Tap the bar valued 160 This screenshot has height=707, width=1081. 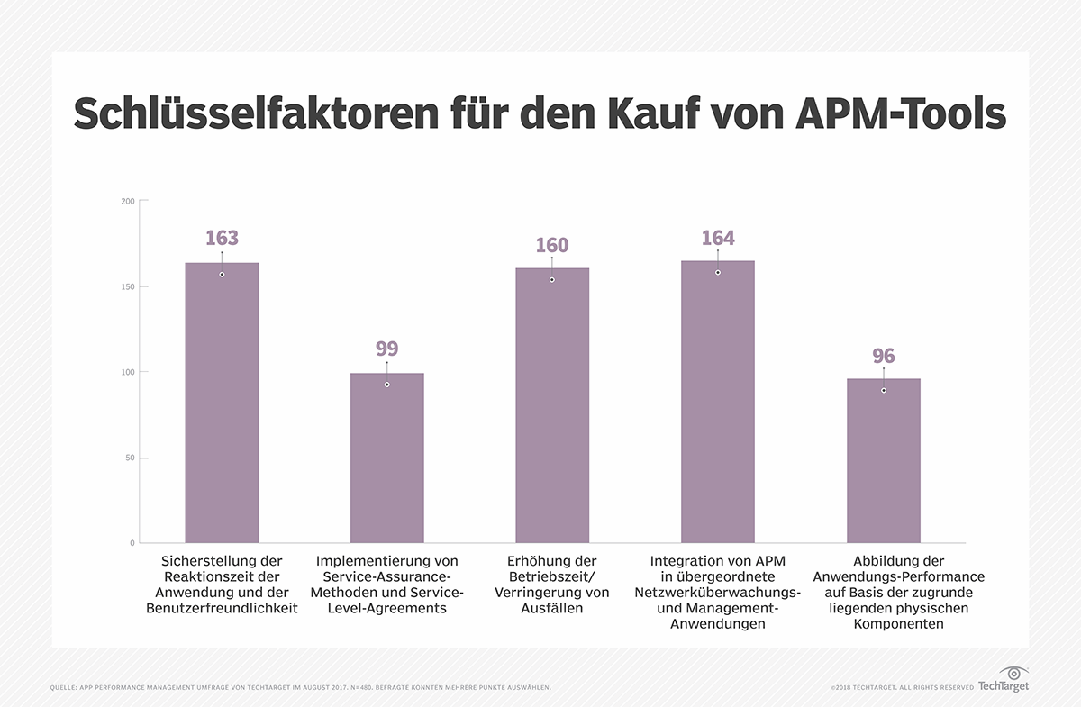[x=552, y=405]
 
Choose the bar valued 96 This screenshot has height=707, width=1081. [x=883, y=460]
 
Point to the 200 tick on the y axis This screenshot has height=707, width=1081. [x=128, y=201]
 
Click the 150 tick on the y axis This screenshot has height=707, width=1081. [x=128, y=286]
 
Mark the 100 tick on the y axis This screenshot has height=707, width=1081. [x=128, y=372]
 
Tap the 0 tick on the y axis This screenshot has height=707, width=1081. [x=132, y=543]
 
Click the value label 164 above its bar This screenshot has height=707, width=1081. [x=718, y=239]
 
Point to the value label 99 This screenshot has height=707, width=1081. [x=387, y=349]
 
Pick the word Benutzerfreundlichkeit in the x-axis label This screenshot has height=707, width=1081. [x=222, y=609]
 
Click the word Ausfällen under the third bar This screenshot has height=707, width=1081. [x=551, y=609]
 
